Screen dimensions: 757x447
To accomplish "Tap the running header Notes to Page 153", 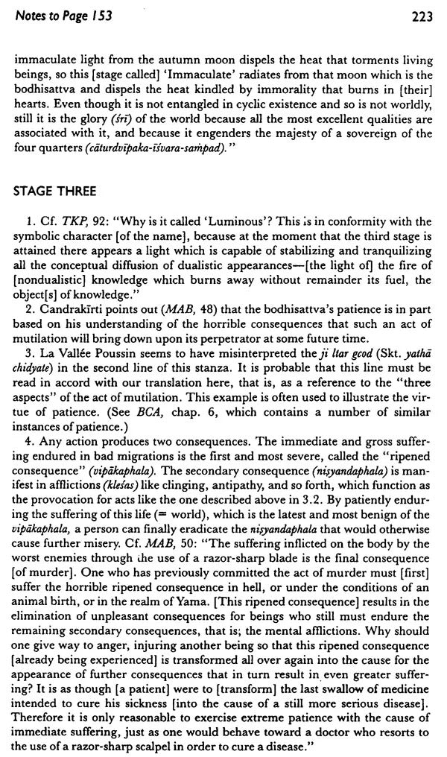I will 62,16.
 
